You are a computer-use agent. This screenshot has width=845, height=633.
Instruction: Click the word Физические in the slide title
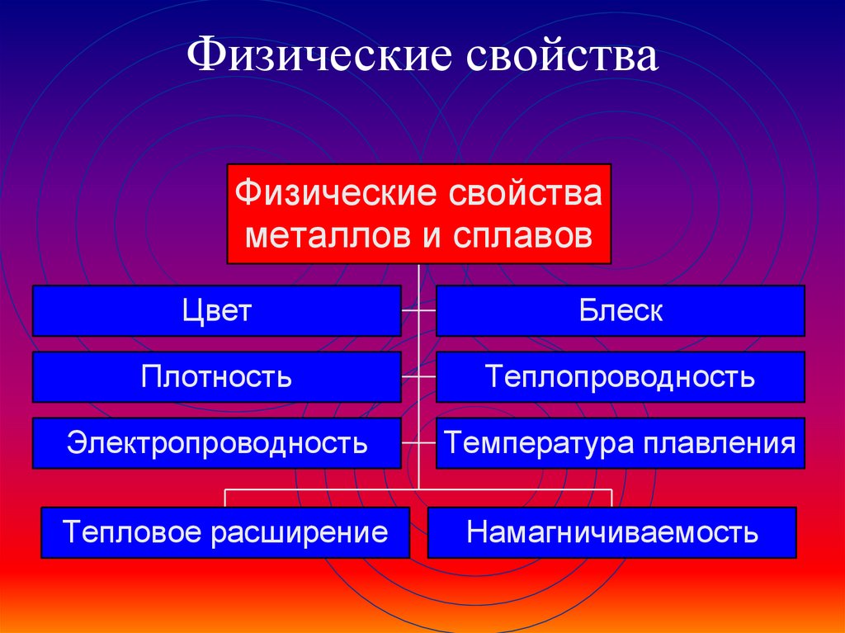(319, 55)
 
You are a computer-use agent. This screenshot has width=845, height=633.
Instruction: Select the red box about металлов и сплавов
(418, 214)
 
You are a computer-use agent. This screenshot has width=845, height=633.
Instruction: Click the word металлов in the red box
(328, 236)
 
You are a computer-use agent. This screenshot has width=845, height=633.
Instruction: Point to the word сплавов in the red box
(522, 236)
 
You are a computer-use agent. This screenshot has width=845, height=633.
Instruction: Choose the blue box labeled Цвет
(217, 310)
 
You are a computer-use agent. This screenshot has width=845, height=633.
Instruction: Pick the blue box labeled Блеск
(621, 310)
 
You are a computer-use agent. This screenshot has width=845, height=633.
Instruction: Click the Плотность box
(217, 377)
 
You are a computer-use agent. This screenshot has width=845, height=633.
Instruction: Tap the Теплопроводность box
(621, 377)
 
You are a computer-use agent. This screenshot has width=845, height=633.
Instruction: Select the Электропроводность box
(217, 442)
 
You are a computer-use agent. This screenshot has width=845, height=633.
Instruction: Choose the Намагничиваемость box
(611, 532)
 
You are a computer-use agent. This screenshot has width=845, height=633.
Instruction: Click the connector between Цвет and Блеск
(418, 310)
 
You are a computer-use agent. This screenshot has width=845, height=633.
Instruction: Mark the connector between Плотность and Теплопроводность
(418, 377)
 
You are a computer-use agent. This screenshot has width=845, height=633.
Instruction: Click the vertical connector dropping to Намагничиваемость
(611, 498)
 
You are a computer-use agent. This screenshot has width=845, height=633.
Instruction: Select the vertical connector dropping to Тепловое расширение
(224, 498)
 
